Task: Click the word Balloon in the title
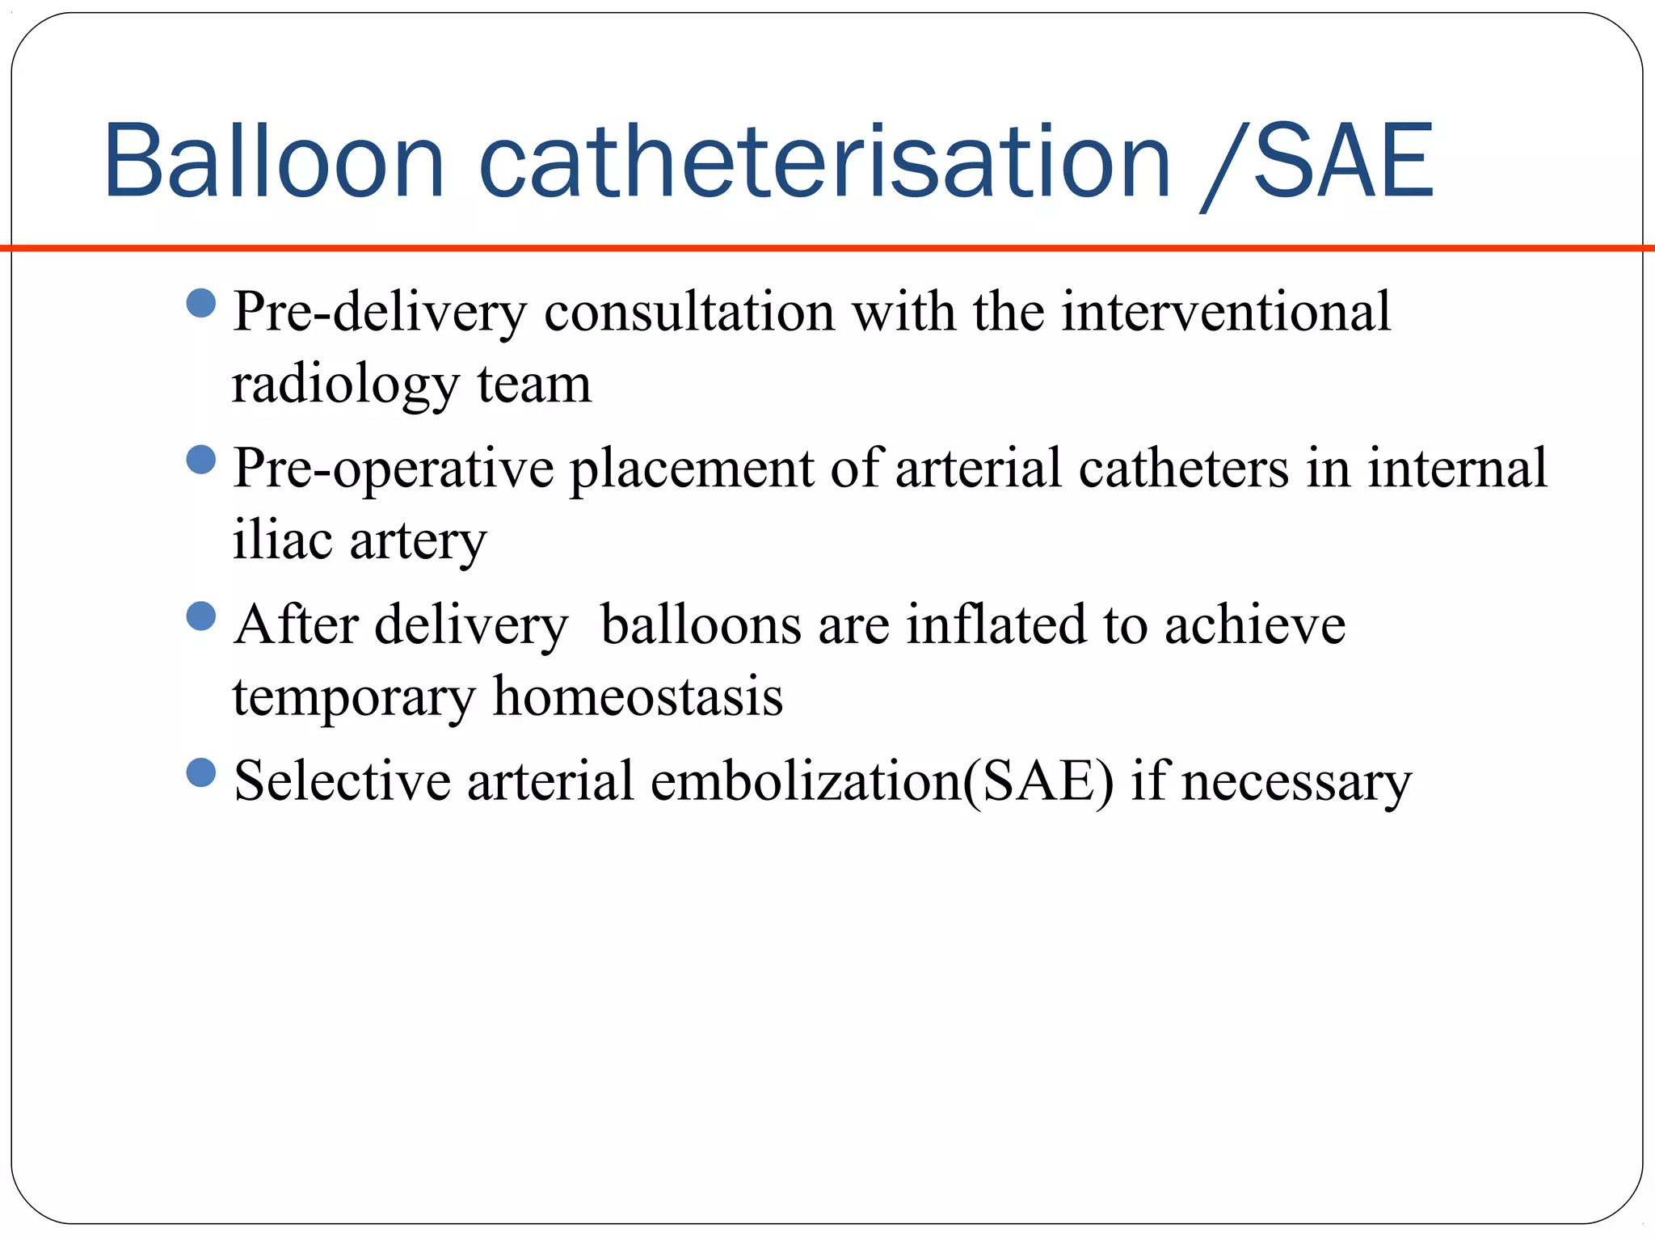tap(273, 161)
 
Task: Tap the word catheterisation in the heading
tap(824, 161)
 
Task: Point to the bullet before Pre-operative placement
tap(200, 460)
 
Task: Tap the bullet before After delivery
tap(200, 616)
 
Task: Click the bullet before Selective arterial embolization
tap(200, 772)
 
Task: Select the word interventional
tap(1225, 311)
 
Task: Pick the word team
tap(534, 385)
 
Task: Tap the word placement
tap(692, 469)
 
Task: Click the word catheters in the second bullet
tap(1183, 468)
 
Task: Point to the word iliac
tap(282, 540)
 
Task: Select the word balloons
tap(701, 625)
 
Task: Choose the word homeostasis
tap(638, 696)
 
